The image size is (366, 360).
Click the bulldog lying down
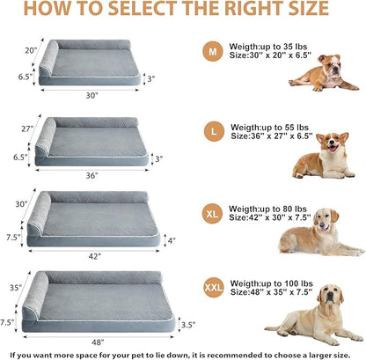323,73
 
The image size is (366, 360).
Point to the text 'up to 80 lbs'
290,210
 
